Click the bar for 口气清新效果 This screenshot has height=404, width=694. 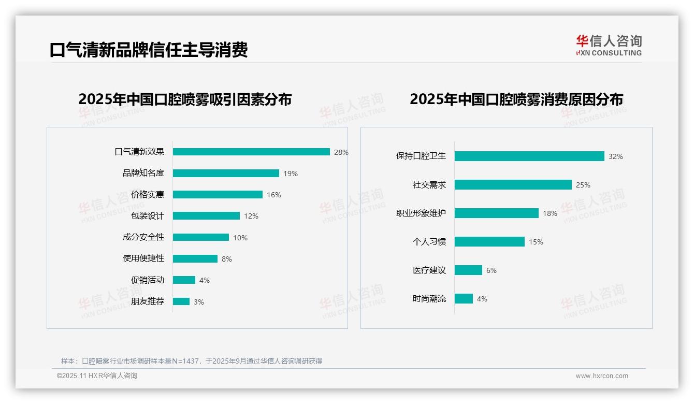pyautogui.click(x=251, y=152)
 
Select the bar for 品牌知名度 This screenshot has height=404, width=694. pyautogui.click(x=226, y=174)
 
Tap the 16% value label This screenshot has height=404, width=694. pyautogui.click(x=274, y=195)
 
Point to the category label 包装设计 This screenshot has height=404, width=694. pyautogui.click(x=148, y=216)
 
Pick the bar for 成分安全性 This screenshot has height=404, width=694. pyautogui.click(x=201, y=237)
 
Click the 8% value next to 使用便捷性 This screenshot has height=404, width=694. pyautogui.click(x=227, y=259)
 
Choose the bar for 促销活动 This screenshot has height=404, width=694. pyautogui.click(x=184, y=280)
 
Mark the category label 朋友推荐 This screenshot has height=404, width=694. pyautogui.click(x=148, y=301)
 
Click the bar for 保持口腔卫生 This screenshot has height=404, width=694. pyautogui.click(x=529, y=156)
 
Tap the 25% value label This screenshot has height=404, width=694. pyautogui.click(x=583, y=185)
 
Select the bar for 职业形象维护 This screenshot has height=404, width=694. pyautogui.click(x=497, y=213)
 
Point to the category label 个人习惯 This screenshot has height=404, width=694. pyautogui.click(x=429, y=242)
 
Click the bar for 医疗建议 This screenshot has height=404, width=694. pyautogui.click(x=468, y=270)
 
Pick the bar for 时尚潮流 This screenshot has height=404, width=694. pyautogui.click(x=464, y=299)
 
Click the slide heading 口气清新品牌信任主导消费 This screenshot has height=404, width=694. pyautogui.click(x=149, y=50)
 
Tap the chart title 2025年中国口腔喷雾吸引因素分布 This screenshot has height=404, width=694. pyautogui.click(x=185, y=99)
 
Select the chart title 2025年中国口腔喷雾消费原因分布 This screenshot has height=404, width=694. pyautogui.click(x=516, y=99)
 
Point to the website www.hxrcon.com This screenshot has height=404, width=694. pyautogui.click(x=602, y=376)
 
